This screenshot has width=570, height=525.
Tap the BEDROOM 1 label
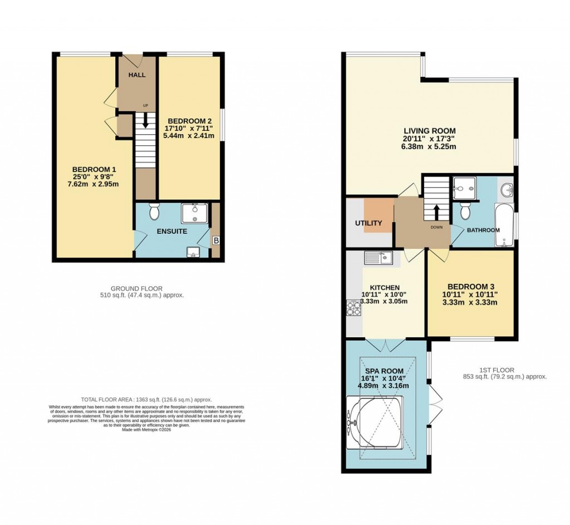(x=95, y=169)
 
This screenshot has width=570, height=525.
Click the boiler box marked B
(x=216, y=241)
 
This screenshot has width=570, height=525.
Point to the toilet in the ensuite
(x=154, y=212)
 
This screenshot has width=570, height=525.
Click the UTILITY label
(x=368, y=223)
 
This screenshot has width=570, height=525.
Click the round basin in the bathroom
(x=507, y=190)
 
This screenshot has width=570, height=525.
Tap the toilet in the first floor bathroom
(x=465, y=210)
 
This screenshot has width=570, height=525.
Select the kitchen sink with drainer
(x=379, y=257)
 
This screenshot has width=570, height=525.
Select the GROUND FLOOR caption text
(x=136, y=288)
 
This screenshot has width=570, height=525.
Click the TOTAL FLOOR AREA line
(x=146, y=400)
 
